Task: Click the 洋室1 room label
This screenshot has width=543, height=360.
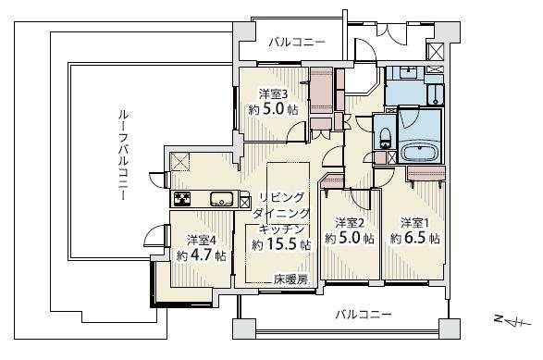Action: (x=414, y=223)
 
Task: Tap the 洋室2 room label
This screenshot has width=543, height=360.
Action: (x=350, y=223)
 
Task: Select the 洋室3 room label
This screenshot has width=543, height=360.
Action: (x=274, y=94)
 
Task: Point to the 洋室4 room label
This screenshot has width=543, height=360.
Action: (x=202, y=240)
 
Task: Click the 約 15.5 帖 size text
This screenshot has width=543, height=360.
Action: (x=281, y=244)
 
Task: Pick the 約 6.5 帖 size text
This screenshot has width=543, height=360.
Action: (x=414, y=239)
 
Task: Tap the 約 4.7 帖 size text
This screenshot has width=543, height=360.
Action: (x=202, y=255)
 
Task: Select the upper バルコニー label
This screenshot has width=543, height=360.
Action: (x=298, y=43)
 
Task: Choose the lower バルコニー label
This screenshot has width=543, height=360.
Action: (x=364, y=315)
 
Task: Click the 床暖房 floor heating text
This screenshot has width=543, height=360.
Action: (x=290, y=279)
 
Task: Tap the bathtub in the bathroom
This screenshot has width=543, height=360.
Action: (x=420, y=152)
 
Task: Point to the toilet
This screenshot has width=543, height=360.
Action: (x=385, y=138)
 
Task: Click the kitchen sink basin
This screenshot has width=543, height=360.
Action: (x=221, y=199)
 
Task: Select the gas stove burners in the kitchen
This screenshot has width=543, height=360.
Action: (x=182, y=199)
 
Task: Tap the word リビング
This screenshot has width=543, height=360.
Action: (x=282, y=197)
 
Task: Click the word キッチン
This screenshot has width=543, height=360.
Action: (x=282, y=229)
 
